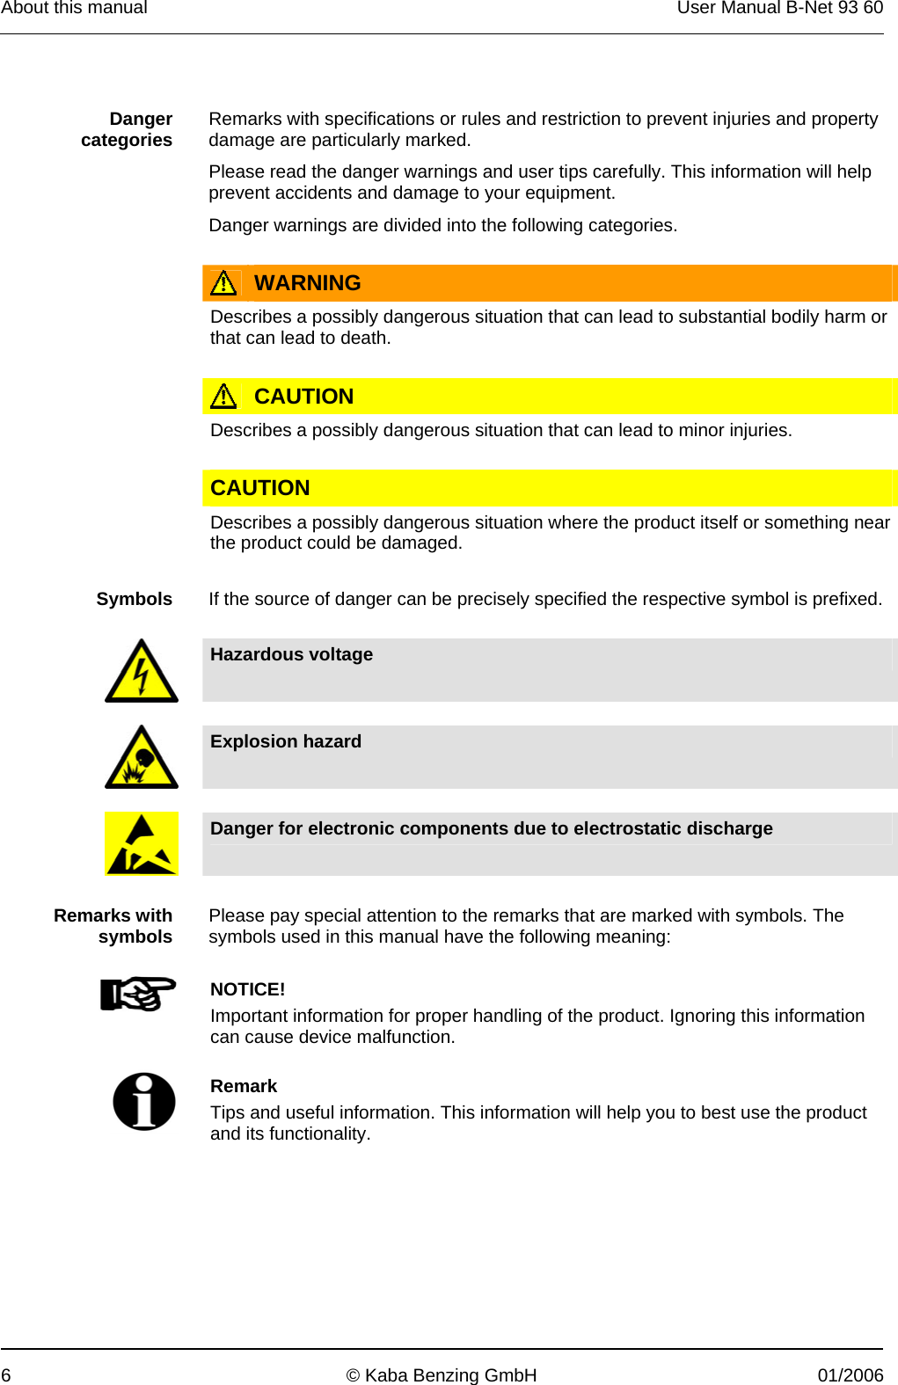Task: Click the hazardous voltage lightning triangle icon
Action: [142, 673]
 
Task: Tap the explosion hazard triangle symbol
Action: [142, 759]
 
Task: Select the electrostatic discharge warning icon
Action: [142, 844]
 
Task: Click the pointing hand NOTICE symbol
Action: [138, 995]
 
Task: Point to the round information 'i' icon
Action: [144, 1101]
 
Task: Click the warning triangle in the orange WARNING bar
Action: [223, 283]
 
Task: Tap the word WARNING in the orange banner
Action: [307, 283]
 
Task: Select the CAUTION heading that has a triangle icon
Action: [303, 397]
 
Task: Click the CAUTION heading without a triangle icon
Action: [260, 488]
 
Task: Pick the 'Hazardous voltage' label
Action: [291, 654]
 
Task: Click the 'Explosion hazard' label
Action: [286, 741]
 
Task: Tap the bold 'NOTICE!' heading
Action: [247, 989]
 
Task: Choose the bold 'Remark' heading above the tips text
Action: [244, 1086]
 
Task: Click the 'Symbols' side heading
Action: [134, 599]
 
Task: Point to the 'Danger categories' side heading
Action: [128, 129]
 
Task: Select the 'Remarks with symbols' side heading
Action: [113, 926]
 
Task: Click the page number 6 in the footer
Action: [6, 1375]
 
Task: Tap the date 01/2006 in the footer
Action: [850, 1375]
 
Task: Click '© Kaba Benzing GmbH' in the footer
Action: [442, 1375]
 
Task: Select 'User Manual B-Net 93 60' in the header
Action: [779, 8]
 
